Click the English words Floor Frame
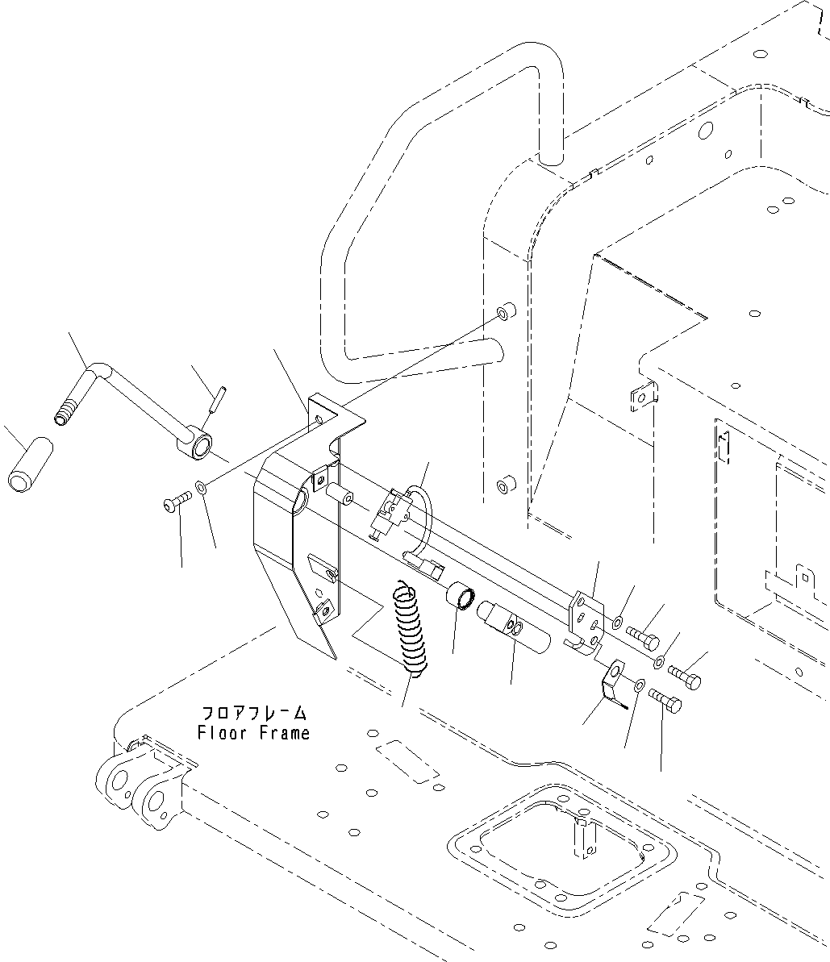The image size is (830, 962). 253,733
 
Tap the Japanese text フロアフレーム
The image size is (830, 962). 253,713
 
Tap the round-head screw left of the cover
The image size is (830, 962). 173,504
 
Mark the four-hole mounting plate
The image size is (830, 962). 586,617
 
